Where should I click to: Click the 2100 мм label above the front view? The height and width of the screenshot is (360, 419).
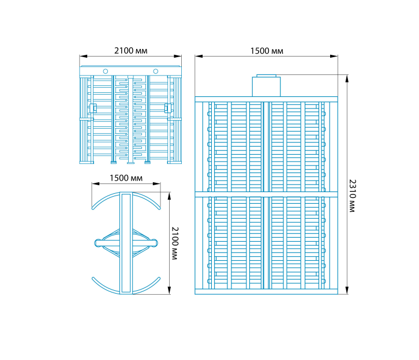tap(130, 50)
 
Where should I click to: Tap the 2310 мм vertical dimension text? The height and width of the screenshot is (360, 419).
tap(353, 196)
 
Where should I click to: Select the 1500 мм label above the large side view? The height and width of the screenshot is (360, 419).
tap(267, 51)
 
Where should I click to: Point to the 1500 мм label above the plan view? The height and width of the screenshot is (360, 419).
tap(126, 178)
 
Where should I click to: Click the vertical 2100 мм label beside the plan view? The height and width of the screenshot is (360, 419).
tap(175, 243)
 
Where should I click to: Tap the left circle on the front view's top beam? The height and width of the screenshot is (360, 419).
tap(106, 72)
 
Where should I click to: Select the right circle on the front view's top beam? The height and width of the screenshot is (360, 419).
tap(155, 72)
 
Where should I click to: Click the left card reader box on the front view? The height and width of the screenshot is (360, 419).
tap(93, 108)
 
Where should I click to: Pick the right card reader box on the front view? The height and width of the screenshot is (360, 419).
tap(168, 108)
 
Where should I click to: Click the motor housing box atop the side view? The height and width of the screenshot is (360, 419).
tap(267, 87)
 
